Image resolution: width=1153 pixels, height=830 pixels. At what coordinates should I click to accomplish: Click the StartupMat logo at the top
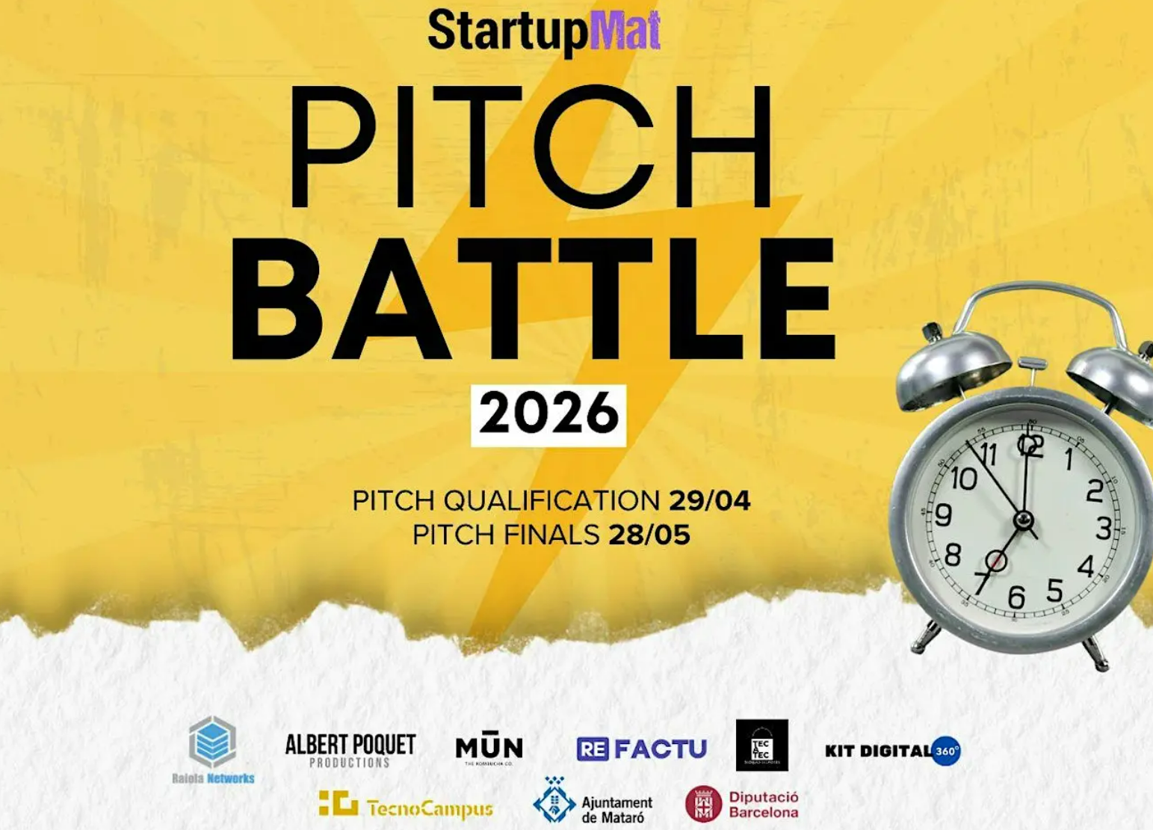544,31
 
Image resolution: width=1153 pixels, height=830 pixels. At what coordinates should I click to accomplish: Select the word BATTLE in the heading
533,299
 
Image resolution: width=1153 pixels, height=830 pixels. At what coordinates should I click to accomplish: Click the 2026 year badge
548,415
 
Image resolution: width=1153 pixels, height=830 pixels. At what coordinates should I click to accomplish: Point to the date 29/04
709,500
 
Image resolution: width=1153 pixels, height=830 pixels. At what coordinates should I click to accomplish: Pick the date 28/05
649,535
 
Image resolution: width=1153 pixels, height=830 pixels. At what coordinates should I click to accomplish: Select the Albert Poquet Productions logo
350,749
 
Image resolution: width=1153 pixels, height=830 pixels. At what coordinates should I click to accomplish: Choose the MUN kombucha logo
489,748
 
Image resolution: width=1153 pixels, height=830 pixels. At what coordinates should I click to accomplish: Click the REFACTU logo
641,748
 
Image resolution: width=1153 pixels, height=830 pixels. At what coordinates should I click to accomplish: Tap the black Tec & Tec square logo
761,745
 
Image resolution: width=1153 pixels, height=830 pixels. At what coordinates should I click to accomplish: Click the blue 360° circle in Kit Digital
946,751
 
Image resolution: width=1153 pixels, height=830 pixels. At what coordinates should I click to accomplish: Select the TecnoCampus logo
406,806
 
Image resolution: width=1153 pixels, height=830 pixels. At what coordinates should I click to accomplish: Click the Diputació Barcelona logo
742,805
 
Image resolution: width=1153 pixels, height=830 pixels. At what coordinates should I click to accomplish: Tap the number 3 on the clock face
1104,529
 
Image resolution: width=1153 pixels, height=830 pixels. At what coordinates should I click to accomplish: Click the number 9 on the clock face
943,514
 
